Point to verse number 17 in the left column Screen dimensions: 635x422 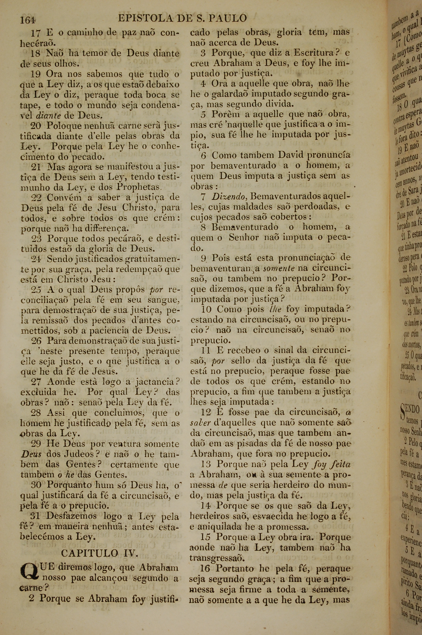(x=35, y=33)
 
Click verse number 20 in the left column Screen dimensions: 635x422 (x=35, y=125)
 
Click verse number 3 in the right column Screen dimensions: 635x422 (x=203, y=53)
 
